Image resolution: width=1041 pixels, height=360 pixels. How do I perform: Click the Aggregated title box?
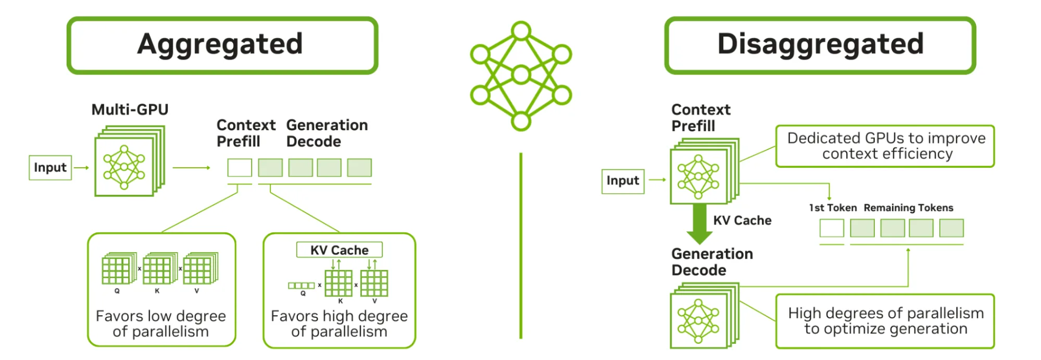coord(222,45)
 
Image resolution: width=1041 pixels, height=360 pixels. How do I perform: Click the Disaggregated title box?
coord(820,45)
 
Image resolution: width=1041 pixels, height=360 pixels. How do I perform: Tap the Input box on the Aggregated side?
coord(50,168)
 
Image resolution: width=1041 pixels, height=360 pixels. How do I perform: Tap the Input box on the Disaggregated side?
coord(623,181)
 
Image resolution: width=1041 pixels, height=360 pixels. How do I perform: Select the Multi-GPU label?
coord(130,109)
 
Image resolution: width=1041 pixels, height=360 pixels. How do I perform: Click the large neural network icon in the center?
coord(521,76)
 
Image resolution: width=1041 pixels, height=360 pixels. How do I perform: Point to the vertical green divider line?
coord(521,245)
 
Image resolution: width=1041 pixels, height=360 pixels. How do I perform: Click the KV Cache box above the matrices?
coord(339,250)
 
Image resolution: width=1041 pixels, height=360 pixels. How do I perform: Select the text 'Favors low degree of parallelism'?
coord(161,324)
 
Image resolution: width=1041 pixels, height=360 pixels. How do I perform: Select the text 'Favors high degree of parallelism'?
coord(339,324)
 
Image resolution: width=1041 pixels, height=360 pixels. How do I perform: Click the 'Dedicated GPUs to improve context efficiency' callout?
coord(885,146)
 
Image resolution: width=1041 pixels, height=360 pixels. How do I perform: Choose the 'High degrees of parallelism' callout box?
coord(885,321)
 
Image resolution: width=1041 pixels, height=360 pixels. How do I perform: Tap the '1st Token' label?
coord(833,208)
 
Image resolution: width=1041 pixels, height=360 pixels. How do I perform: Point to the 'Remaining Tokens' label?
coord(908,208)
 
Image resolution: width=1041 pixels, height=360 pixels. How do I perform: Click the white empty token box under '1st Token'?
coord(832,228)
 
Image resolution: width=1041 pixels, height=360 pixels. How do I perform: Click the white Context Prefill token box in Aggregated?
coord(240,168)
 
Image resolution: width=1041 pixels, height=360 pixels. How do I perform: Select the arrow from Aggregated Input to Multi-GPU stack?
coord(81,168)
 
